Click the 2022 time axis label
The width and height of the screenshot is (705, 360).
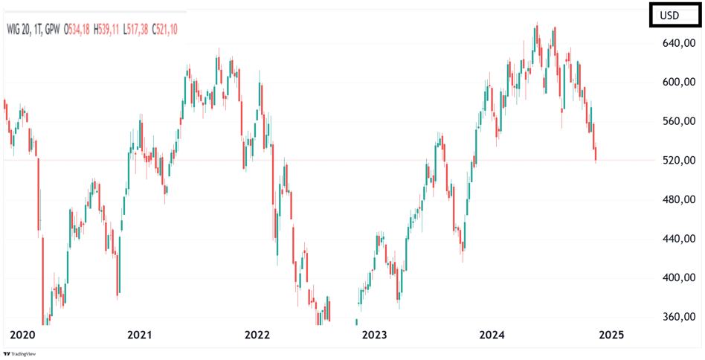257,335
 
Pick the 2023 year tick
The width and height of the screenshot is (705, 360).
375,335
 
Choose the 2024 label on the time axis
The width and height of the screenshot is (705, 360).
492,335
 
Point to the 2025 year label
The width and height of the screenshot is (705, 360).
610,335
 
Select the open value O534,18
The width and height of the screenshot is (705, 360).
77,30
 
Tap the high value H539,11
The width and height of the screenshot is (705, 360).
109,30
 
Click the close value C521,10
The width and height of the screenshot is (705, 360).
164,30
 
